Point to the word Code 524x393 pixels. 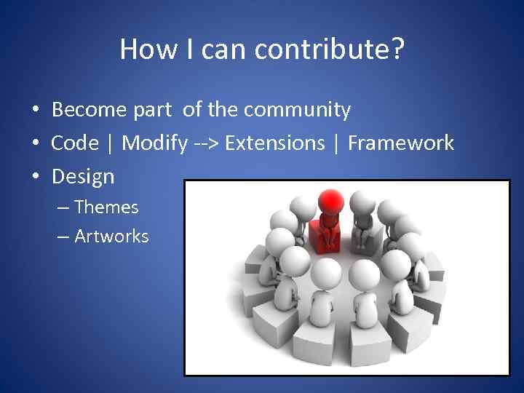74,143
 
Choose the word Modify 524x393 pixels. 154,143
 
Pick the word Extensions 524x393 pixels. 274,143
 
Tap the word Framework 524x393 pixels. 400,143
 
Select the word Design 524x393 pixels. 83,176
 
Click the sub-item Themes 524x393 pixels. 106,207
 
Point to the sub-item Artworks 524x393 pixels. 111,237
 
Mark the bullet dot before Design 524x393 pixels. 35,176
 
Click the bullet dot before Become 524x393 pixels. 35,111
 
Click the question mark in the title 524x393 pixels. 397,49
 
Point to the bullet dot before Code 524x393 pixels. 35,143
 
